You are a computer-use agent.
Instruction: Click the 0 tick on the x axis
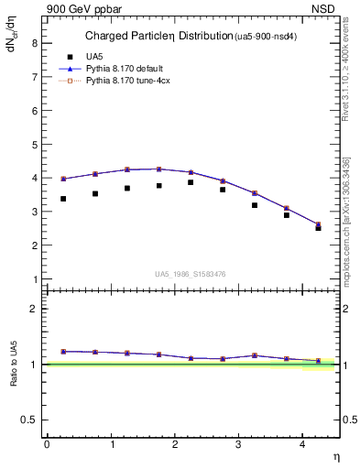pyautogui.click(x=47, y=444)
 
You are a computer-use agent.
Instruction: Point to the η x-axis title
pyautogui.click(x=335, y=455)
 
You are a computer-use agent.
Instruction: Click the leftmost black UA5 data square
pyautogui.click(x=63, y=199)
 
